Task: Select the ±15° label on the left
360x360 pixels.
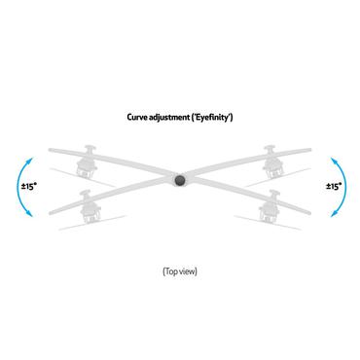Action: point(29,184)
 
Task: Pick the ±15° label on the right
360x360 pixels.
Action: point(332,184)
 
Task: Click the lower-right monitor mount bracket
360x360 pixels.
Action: point(270,206)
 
